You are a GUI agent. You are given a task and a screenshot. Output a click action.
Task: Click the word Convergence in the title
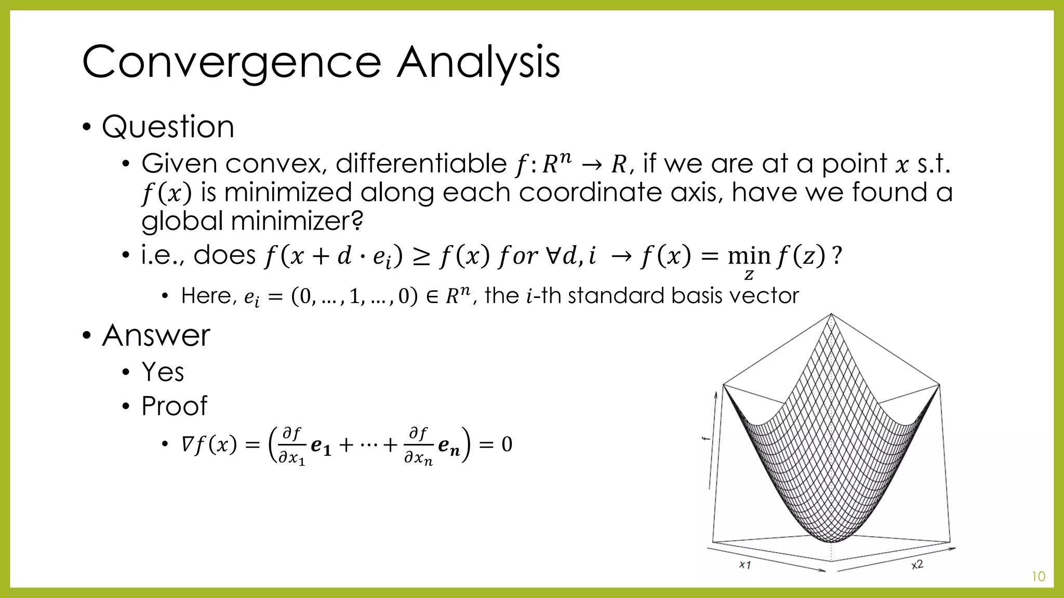pos(231,62)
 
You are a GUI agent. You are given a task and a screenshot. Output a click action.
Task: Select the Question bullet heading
pos(168,127)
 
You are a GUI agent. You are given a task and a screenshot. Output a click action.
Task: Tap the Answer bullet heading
pos(156,335)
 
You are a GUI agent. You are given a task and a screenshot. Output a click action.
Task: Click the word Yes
pos(163,372)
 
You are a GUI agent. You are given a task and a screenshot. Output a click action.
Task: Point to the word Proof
pos(174,406)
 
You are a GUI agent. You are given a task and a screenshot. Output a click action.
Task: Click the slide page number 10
pos(1038,577)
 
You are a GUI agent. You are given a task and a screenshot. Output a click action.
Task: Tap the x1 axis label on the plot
pos(745,564)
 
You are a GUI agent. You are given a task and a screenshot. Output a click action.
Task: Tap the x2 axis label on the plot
pos(917,564)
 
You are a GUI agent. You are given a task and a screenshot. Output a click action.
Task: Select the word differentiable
pos(421,164)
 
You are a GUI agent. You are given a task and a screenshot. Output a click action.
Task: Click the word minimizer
pos(297,222)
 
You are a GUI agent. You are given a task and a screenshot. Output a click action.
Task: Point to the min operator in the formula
pos(749,256)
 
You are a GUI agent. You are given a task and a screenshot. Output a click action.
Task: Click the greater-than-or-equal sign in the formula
pos(421,256)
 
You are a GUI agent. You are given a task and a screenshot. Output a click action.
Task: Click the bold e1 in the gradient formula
pos(321,446)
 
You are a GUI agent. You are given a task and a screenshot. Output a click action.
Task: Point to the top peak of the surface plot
pos(831,315)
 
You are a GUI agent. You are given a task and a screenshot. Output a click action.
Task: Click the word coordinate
pos(590,193)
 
